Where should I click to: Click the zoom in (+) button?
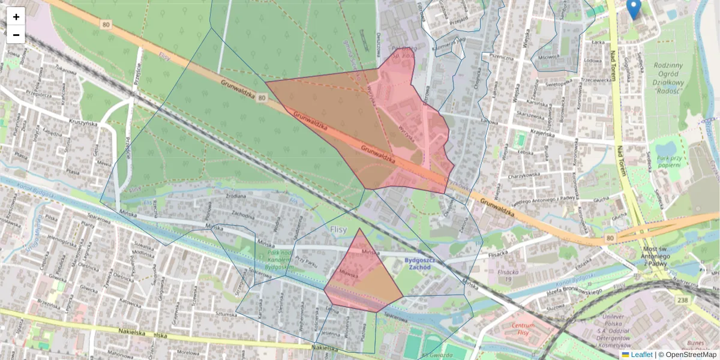[16, 17]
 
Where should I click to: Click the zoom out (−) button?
[16, 35]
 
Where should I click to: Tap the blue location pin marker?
[634, 9]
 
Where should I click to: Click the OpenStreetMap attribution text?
[691, 355]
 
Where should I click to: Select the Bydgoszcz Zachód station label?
[418, 263]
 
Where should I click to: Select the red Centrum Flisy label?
[519, 329]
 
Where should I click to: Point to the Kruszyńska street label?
[83, 122]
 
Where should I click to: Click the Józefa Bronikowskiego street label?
[574, 291]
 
